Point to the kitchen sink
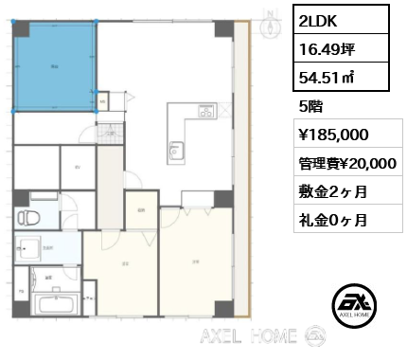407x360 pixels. pyautogui.click(x=174, y=149)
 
